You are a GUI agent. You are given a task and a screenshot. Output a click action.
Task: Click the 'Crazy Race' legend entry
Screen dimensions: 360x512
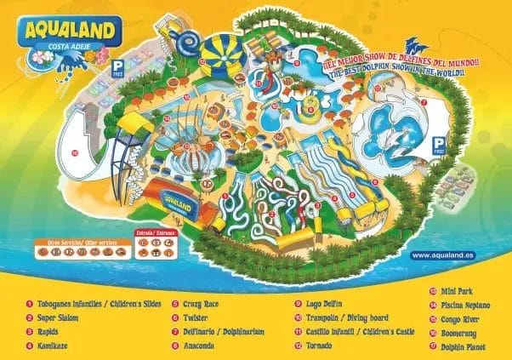200,303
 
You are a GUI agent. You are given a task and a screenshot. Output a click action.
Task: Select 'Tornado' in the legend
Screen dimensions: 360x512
320,346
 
